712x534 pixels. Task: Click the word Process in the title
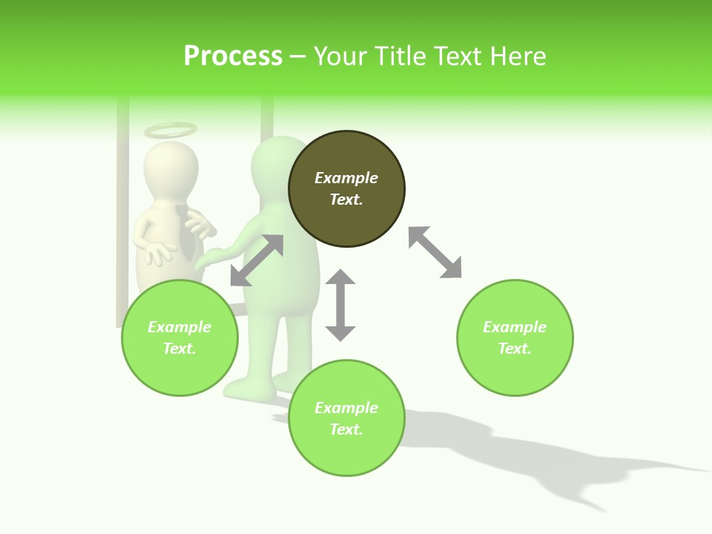pyautogui.click(x=233, y=56)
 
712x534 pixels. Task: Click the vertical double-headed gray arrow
pyautogui.click(x=340, y=305)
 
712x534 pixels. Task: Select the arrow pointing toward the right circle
pyautogui.click(x=435, y=252)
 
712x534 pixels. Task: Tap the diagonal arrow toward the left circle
pyautogui.click(x=257, y=260)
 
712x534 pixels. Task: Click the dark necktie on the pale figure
pyautogui.click(x=186, y=234)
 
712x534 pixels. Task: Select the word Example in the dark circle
pyautogui.click(x=346, y=178)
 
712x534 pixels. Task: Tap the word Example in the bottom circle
pyautogui.click(x=346, y=408)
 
